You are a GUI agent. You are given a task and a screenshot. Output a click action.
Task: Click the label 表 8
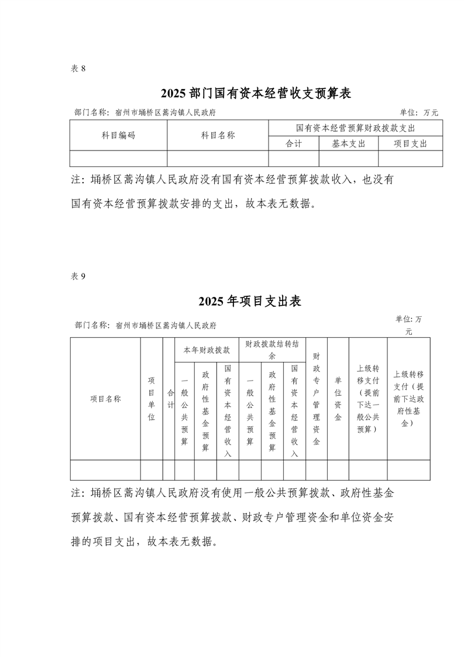(78, 69)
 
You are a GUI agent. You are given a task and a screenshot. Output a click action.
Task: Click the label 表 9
(78, 277)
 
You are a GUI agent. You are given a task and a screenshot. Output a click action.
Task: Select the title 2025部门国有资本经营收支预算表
(256, 94)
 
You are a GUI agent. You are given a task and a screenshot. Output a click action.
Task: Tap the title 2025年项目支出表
(249, 302)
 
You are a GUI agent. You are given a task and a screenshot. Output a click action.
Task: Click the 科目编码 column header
(119, 135)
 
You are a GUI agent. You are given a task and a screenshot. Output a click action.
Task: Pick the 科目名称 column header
(218, 135)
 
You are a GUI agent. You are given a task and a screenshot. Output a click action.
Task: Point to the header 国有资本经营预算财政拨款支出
(355, 128)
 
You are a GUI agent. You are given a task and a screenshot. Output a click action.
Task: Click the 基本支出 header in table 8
(348, 143)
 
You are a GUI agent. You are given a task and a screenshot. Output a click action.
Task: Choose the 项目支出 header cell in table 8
(410, 143)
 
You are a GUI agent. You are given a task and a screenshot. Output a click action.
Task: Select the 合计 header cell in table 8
(294, 143)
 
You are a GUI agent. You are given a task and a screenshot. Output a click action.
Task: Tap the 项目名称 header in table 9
(105, 399)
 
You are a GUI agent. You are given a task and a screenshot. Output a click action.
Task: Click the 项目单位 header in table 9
(152, 399)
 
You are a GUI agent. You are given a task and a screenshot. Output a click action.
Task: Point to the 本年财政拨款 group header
(207, 350)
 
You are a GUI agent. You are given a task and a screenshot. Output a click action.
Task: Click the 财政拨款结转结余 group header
(272, 350)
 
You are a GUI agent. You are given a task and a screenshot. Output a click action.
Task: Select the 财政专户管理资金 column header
(316, 399)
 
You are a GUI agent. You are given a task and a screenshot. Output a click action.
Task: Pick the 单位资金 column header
(338, 399)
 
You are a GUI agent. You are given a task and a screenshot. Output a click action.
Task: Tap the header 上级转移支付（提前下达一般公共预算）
(368, 399)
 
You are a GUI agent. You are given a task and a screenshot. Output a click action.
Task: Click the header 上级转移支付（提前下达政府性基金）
(408, 399)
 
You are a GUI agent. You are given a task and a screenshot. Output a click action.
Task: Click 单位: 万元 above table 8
(418, 112)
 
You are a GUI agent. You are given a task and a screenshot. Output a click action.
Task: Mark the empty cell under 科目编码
(119, 159)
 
